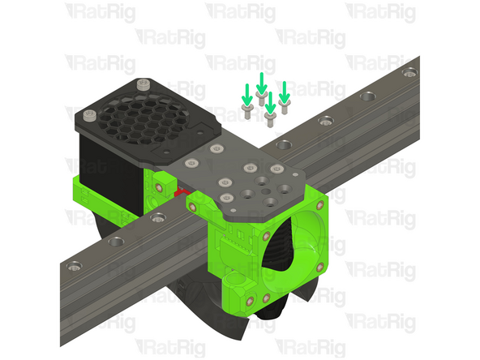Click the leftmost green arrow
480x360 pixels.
246,91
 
